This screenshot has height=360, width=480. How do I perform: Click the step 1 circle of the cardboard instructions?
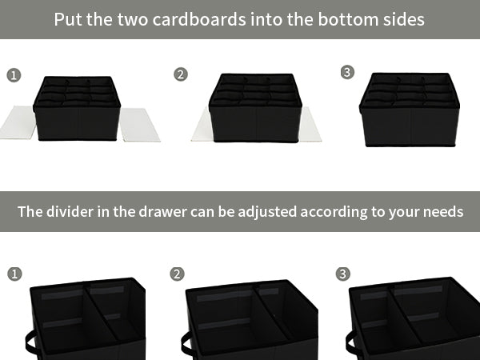[x=14, y=76]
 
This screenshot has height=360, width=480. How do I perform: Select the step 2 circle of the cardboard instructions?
[x=181, y=74]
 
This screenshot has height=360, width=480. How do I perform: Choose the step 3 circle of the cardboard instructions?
[x=347, y=73]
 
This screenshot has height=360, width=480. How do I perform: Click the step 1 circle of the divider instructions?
[x=14, y=274]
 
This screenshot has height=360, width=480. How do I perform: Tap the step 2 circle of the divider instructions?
[x=178, y=274]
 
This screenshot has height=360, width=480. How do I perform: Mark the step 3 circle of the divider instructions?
[x=343, y=274]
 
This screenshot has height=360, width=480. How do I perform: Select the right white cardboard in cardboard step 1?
[x=139, y=124]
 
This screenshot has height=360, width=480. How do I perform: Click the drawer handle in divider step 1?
[x=31, y=345]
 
